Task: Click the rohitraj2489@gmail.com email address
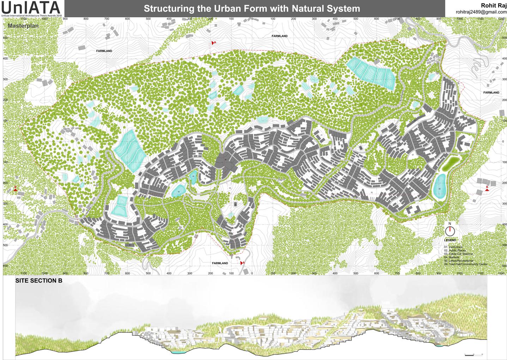(481, 12)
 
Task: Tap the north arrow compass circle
(450, 231)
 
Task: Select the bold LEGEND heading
(450, 240)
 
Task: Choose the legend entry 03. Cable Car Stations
(458, 254)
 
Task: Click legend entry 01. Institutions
(453, 247)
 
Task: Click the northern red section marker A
(213, 43)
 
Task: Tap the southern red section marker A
(242, 263)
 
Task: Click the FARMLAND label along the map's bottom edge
(220, 263)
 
